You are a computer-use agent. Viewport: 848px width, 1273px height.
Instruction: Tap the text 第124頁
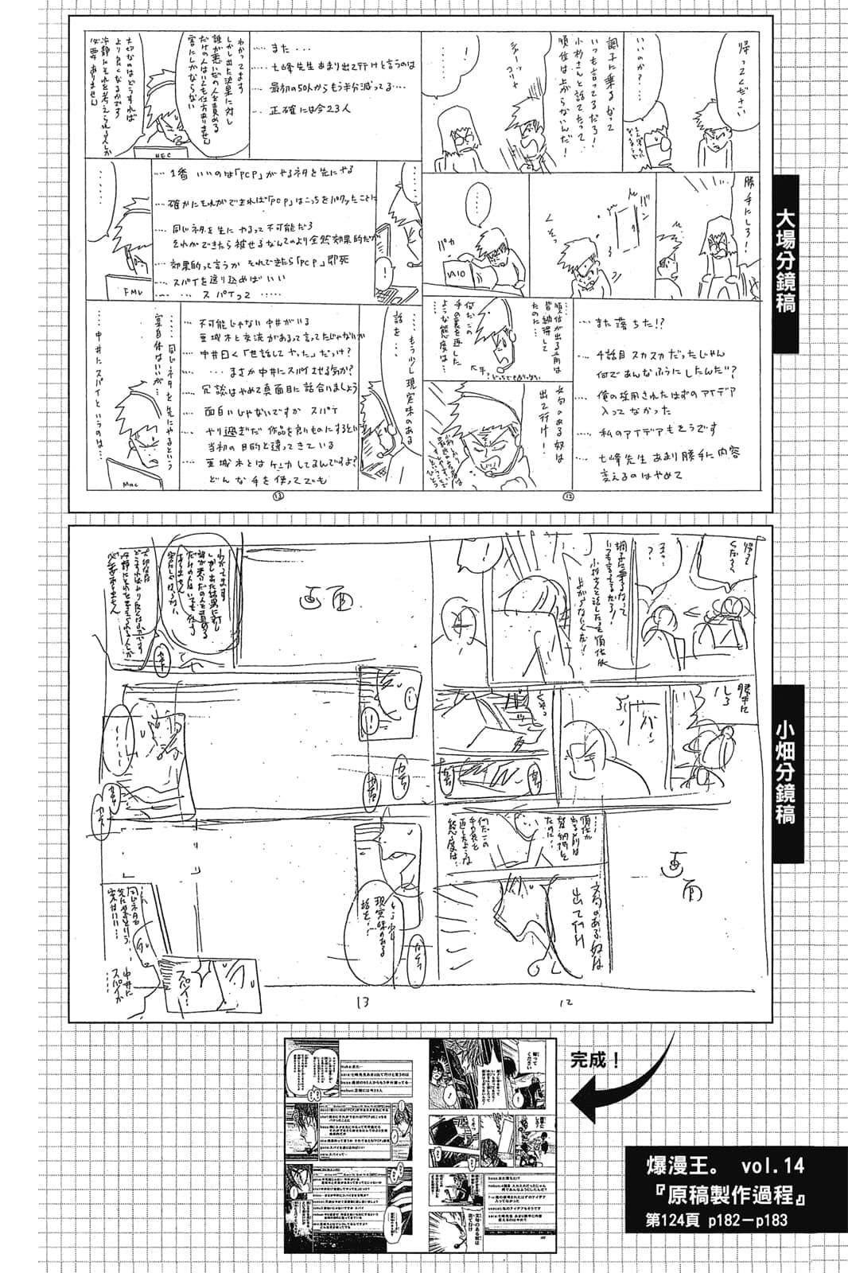coord(675,1220)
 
